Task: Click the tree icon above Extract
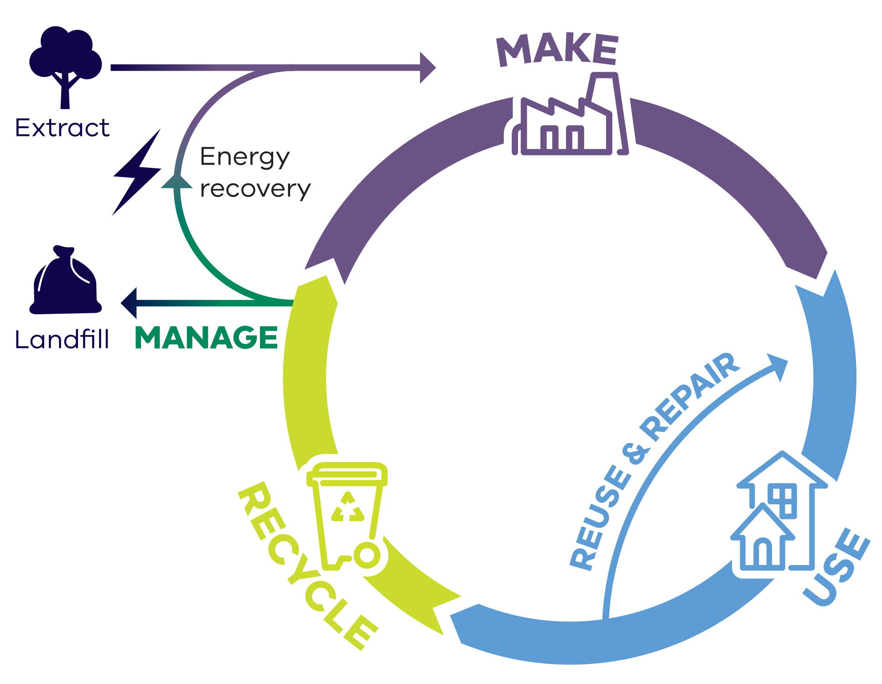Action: click(x=65, y=64)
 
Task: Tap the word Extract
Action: click(x=62, y=128)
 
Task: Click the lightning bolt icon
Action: click(x=137, y=172)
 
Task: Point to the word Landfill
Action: click(x=62, y=340)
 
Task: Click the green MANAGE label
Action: click(x=206, y=337)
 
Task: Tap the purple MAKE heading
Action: click(x=557, y=50)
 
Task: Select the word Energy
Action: click(x=245, y=157)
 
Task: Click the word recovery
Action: click(x=255, y=189)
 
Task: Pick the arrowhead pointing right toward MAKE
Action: click(x=427, y=67)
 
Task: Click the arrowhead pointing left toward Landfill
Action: click(x=129, y=303)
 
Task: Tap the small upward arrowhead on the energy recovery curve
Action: click(x=177, y=181)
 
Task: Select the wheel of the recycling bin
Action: click(x=367, y=555)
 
